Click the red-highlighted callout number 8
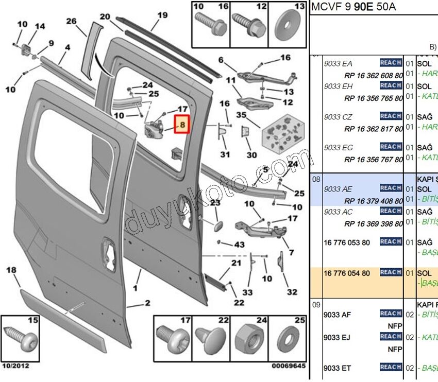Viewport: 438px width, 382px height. (x=182, y=125)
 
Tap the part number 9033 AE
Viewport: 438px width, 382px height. (x=338, y=188)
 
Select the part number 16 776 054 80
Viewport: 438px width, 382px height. (x=347, y=273)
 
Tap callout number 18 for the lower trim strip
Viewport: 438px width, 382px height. (x=11, y=270)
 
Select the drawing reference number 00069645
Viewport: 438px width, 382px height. (x=289, y=366)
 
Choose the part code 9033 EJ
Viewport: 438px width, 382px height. (x=338, y=337)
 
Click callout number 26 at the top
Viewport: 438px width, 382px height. (x=71, y=21)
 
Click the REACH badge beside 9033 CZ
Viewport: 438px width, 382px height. (x=391, y=116)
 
